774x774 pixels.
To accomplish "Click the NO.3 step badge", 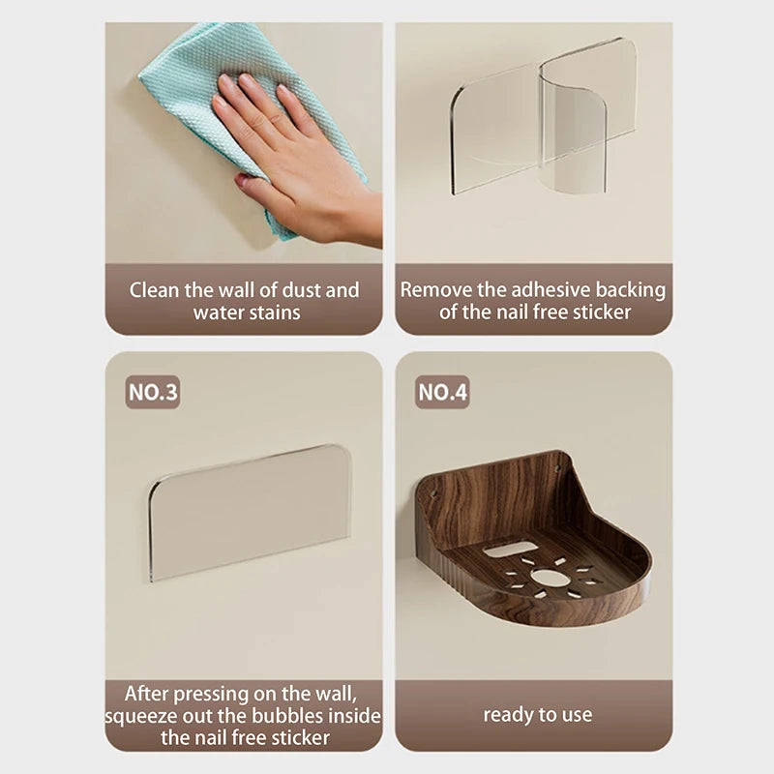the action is click(x=153, y=393).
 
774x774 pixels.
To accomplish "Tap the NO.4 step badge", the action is click(x=442, y=393).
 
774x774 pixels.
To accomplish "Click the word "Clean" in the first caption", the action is click(x=154, y=290).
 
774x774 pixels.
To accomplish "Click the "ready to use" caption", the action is click(x=538, y=715).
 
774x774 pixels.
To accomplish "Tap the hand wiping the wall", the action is click(x=301, y=158).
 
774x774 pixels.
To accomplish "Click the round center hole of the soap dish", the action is click(x=545, y=577).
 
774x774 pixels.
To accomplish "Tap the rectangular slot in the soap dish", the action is click(x=510, y=549).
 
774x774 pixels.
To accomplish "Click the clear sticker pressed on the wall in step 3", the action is click(x=251, y=513).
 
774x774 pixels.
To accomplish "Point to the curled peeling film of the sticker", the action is click(x=573, y=124).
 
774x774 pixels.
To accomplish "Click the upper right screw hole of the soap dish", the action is click(x=557, y=466).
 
